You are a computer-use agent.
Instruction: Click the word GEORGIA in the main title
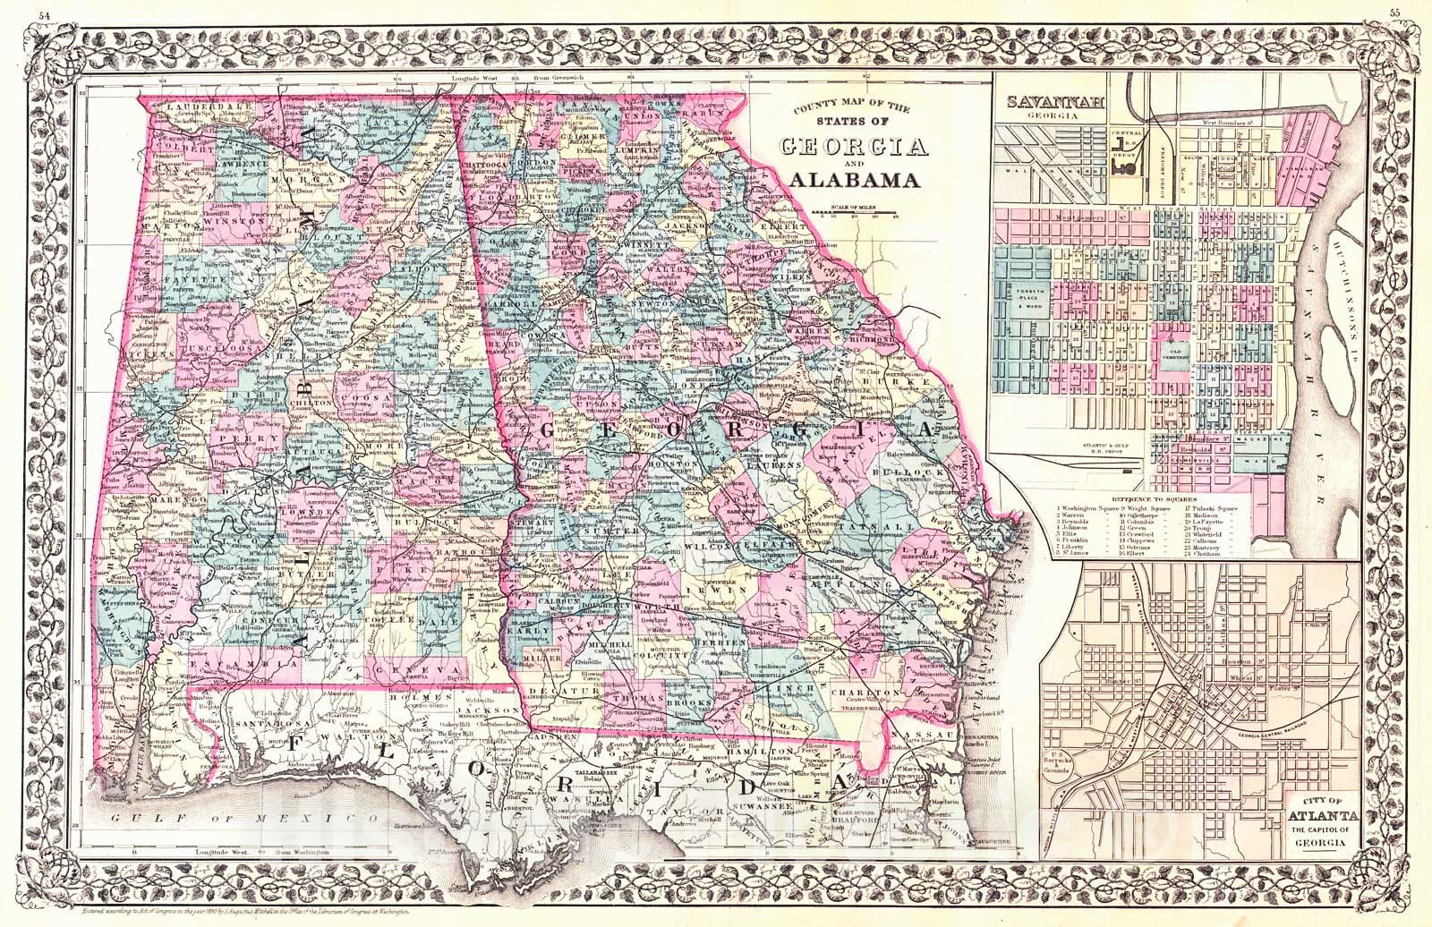coord(850,147)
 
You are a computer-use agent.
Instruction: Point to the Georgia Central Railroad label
coord(1253,735)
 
